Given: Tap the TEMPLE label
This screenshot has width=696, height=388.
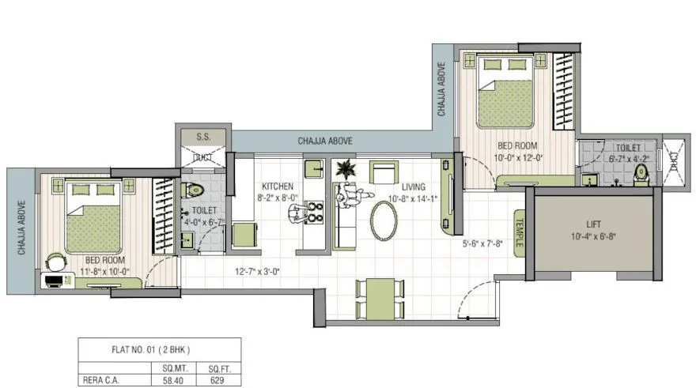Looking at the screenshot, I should click(x=520, y=232).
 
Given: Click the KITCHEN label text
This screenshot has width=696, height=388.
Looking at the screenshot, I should click(x=278, y=186).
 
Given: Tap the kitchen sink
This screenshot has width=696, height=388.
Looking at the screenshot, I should click(x=313, y=168).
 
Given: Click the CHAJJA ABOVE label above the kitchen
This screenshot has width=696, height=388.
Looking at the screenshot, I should click(x=325, y=141).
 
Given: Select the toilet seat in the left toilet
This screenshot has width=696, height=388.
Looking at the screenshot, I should click(x=192, y=190).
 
